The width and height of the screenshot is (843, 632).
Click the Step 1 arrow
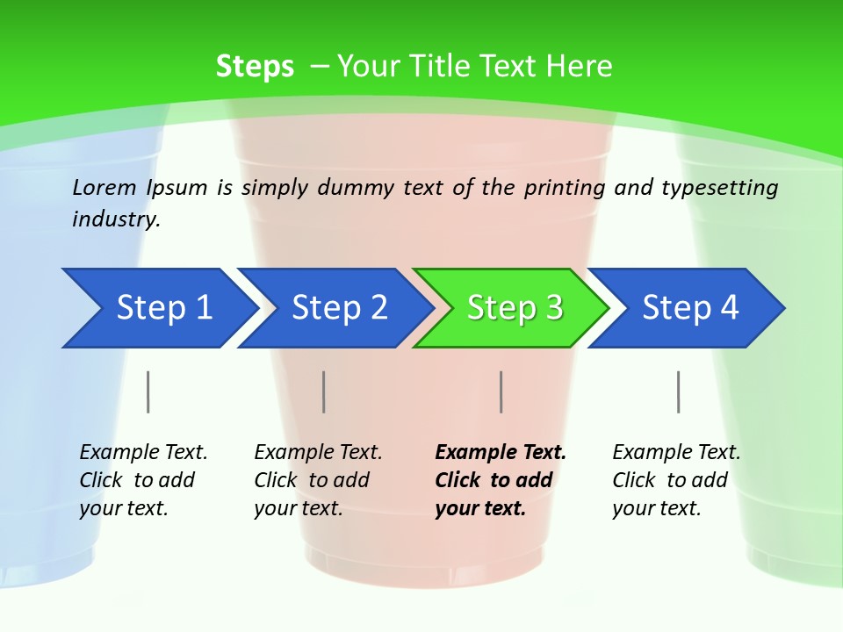tap(158, 308)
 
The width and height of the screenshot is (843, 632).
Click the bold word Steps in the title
tap(255, 67)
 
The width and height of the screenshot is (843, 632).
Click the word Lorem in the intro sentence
tap(104, 187)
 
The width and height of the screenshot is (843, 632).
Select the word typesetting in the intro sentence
tap(719, 187)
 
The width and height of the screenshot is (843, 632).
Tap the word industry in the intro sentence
tap(116, 219)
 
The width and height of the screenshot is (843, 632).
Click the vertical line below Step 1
tap(148, 391)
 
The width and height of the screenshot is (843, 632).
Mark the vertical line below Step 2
tap(324, 391)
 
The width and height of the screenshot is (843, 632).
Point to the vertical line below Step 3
tap(501, 391)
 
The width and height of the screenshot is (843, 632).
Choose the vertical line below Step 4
tap(679, 391)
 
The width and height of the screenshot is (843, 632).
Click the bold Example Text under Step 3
tap(501, 453)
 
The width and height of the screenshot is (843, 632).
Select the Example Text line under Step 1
tap(143, 453)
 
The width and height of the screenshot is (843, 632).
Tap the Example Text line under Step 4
tap(676, 453)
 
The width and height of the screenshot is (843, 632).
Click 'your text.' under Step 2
tap(298, 508)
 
